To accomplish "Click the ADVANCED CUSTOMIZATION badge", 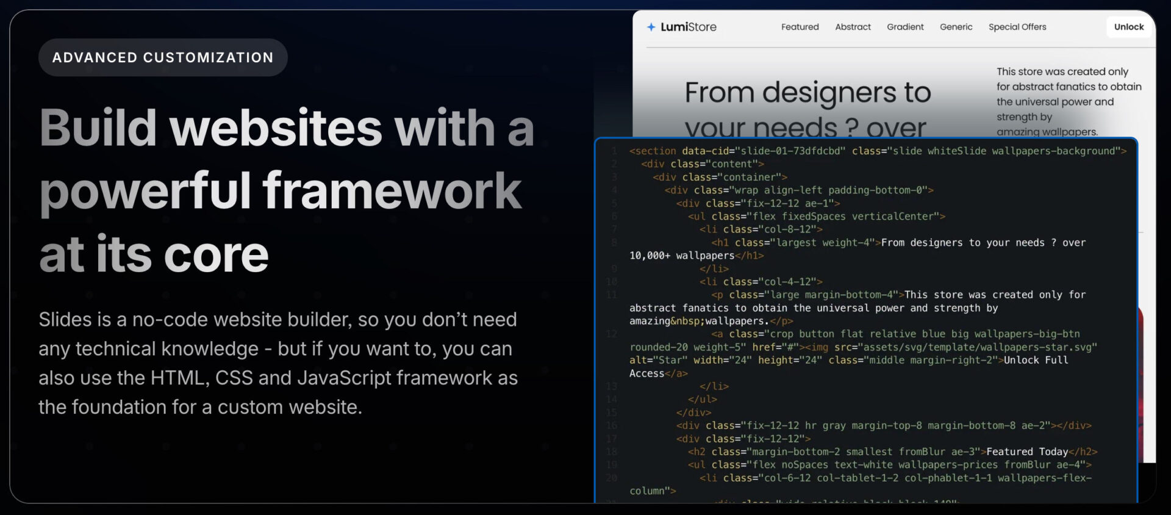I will [163, 57].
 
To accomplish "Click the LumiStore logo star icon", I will [651, 27].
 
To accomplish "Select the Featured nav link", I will [800, 27].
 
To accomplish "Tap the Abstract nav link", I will [853, 27].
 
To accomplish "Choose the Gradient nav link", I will [905, 27].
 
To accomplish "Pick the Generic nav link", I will [956, 27].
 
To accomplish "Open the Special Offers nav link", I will [1017, 27].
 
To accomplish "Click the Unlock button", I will [1128, 27].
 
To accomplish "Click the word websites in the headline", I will [276, 128].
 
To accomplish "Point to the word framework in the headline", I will [392, 190].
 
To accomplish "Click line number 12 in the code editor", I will [612, 334].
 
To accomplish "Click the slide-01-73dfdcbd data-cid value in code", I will [790, 151].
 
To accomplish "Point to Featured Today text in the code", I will [1027, 452].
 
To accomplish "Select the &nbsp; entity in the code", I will [687, 321].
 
